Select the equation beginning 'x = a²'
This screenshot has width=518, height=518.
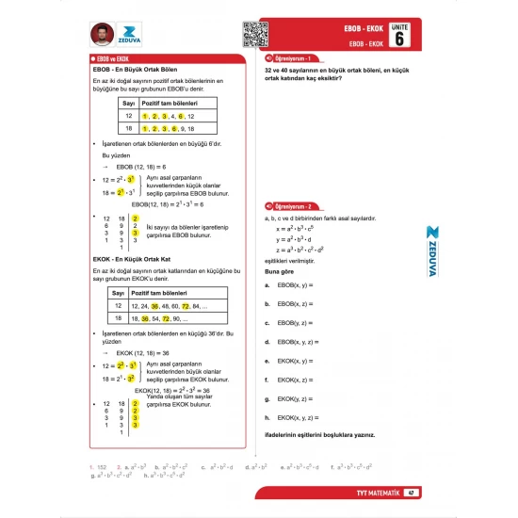coord(299,228)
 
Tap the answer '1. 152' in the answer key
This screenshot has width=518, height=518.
coord(97,466)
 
